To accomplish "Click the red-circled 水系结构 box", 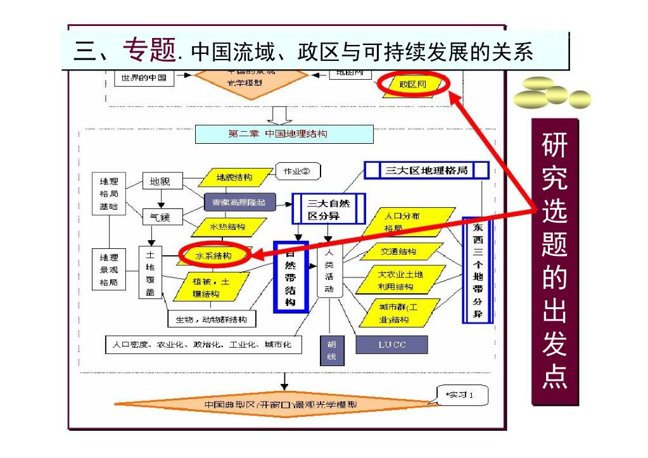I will (213, 255).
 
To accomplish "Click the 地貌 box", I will (160, 182).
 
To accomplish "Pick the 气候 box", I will (160, 217).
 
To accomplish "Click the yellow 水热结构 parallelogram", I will (227, 226).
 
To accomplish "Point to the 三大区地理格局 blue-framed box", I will (426, 170).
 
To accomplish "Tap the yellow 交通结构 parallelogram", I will (399, 251).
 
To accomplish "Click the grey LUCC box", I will (392, 345).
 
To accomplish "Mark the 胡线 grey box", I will (331, 351).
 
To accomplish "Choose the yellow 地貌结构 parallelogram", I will (234, 177).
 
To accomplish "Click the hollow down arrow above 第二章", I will (279, 115).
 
